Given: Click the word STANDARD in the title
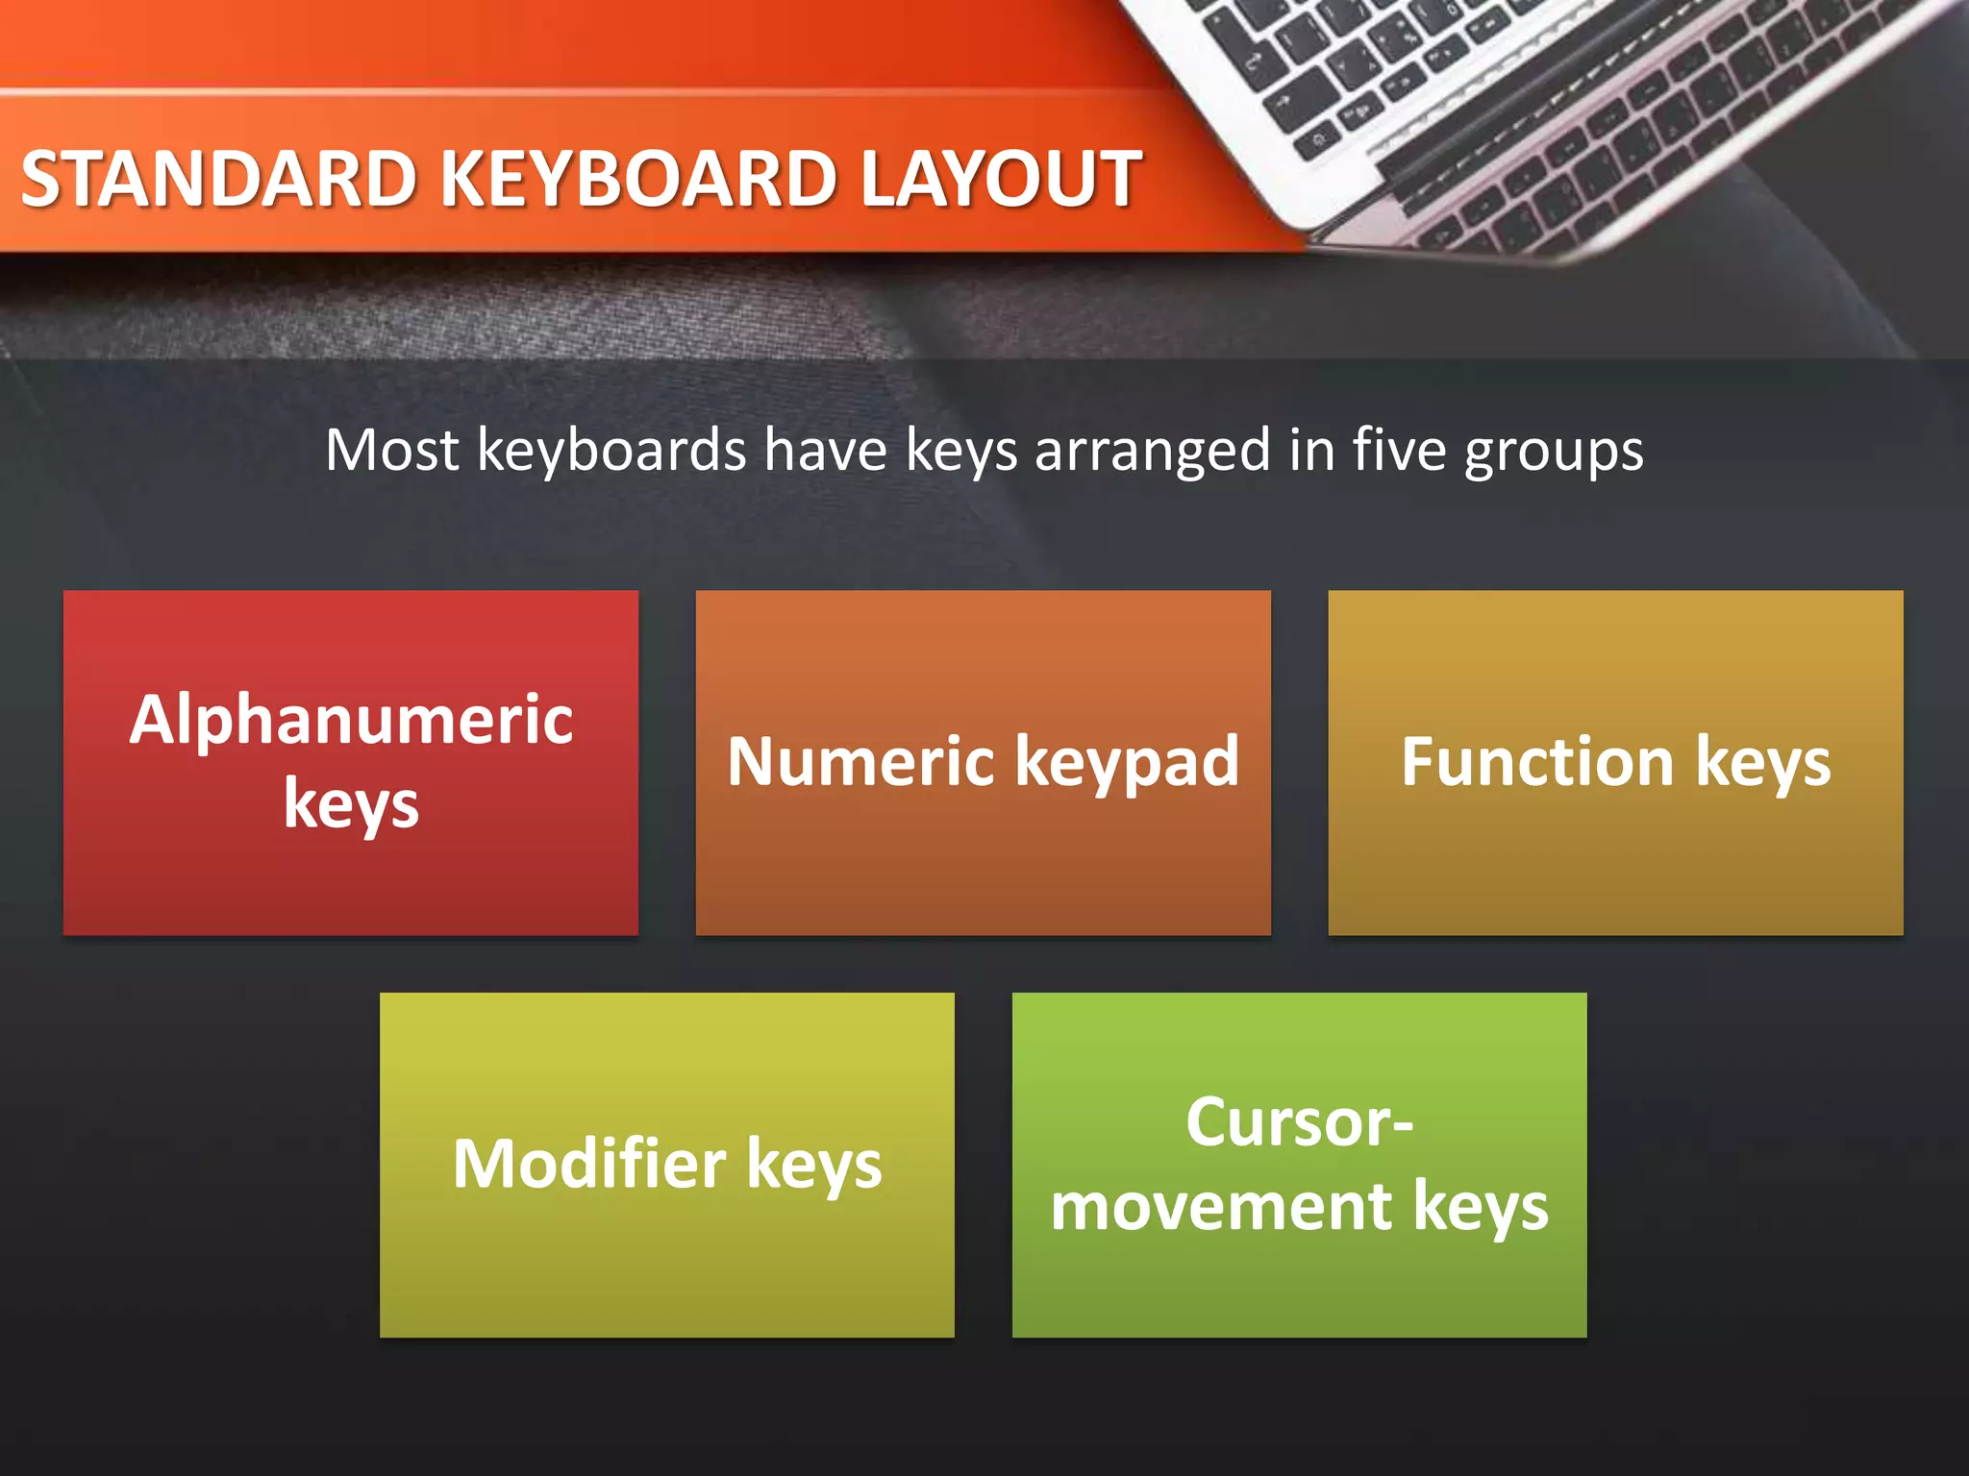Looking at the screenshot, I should (x=219, y=180).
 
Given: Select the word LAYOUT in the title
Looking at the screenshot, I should (x=1000, y=180).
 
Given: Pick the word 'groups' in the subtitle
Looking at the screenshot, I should (x=1554, y=452).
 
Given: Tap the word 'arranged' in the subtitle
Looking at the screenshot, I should (x=1153, y=452).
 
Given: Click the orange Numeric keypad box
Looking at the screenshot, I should (x=983, y=865).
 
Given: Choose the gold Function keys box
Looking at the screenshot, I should (x=1615, y=865).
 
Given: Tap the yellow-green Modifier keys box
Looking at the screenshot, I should (x=666, y=1268).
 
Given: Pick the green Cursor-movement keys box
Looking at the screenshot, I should (x=1299, y=1288).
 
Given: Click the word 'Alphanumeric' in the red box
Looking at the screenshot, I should (x=352, y=721).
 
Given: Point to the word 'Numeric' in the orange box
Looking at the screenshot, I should (x=860, y=762).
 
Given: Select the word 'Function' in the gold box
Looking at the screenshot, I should (x=1538, y=762).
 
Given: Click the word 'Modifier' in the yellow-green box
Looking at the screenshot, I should (x=589, y=1164).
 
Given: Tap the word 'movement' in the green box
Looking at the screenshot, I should (x=1221, y=1207).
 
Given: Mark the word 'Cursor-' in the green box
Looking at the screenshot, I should (x=1299, y=1122).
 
